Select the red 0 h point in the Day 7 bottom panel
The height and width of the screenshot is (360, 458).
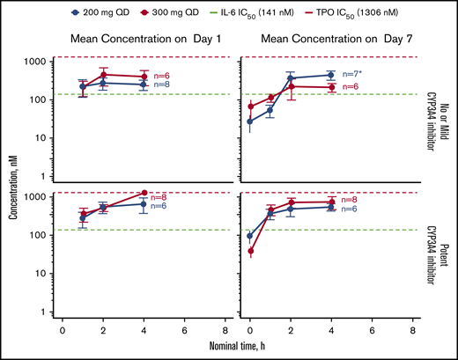click(x=249, y=252)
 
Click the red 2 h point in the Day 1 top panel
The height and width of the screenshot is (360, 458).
click(x=103, y=75)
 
